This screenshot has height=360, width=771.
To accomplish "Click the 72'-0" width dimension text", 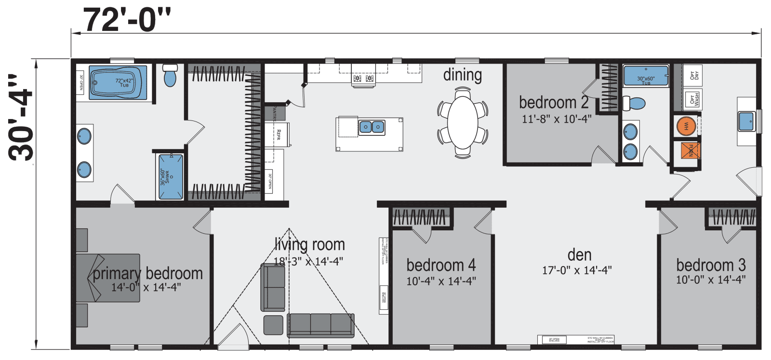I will pos(126,20).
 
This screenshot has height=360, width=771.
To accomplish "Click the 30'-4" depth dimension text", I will pos(21,124).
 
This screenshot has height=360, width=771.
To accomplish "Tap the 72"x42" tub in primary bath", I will pos(118,82).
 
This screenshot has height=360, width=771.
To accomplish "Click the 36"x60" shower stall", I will pos(171,176).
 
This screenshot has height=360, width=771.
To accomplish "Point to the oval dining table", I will pos(463,122).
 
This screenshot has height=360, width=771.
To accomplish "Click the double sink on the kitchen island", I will pos(372,127).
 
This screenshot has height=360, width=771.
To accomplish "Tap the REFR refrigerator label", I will pos(278,134).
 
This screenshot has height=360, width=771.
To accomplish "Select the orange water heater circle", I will pos(686,127).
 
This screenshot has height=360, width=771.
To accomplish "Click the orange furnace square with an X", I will pos(690,150).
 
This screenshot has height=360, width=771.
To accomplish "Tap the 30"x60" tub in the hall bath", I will pos(646,76).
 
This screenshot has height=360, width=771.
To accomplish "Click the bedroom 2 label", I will pos(554,103).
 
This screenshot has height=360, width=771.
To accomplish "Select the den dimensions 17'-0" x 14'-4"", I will pos(577,270).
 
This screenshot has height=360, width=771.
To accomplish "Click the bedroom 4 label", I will pos(441,265).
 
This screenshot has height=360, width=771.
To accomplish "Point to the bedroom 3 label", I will pos(711,265).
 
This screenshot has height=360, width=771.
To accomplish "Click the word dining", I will pos(462,75).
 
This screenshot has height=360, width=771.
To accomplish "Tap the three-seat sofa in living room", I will pos(320,325).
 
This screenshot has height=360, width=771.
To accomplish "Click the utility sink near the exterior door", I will pos(746,121).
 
